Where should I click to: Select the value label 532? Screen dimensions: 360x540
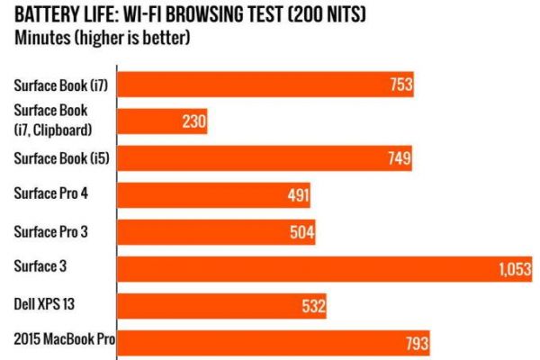point(313,306)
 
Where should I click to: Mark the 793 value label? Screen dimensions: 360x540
point(417,342)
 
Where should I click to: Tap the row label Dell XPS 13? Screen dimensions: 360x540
point(44,304)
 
